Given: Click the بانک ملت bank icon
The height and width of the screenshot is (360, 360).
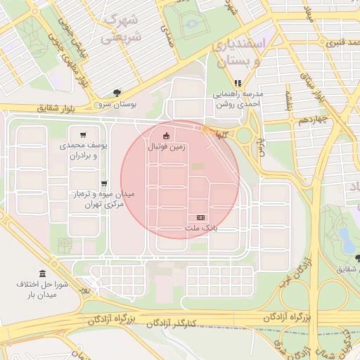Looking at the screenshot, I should coord(201,218).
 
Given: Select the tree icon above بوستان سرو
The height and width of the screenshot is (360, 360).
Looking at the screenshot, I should coord(117,93).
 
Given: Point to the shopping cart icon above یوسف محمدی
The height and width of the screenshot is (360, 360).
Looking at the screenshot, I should coord(83,134).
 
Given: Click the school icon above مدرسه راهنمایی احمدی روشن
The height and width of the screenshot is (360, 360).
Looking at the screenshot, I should coord(238,83).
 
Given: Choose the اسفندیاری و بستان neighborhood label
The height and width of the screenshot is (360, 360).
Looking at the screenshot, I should coord(239,51).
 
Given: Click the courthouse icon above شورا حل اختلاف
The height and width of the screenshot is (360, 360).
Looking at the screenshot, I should coord(42,273).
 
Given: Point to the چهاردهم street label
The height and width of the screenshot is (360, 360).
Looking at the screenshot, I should coord(313,121).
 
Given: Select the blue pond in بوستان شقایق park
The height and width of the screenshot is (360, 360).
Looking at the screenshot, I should coord(345,236).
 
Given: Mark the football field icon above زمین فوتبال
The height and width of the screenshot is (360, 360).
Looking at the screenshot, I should coord(166,136).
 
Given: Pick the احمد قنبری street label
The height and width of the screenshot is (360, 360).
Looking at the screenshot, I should coord(340,42).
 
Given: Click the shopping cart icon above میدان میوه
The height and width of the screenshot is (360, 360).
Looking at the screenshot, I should coord(104,183).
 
